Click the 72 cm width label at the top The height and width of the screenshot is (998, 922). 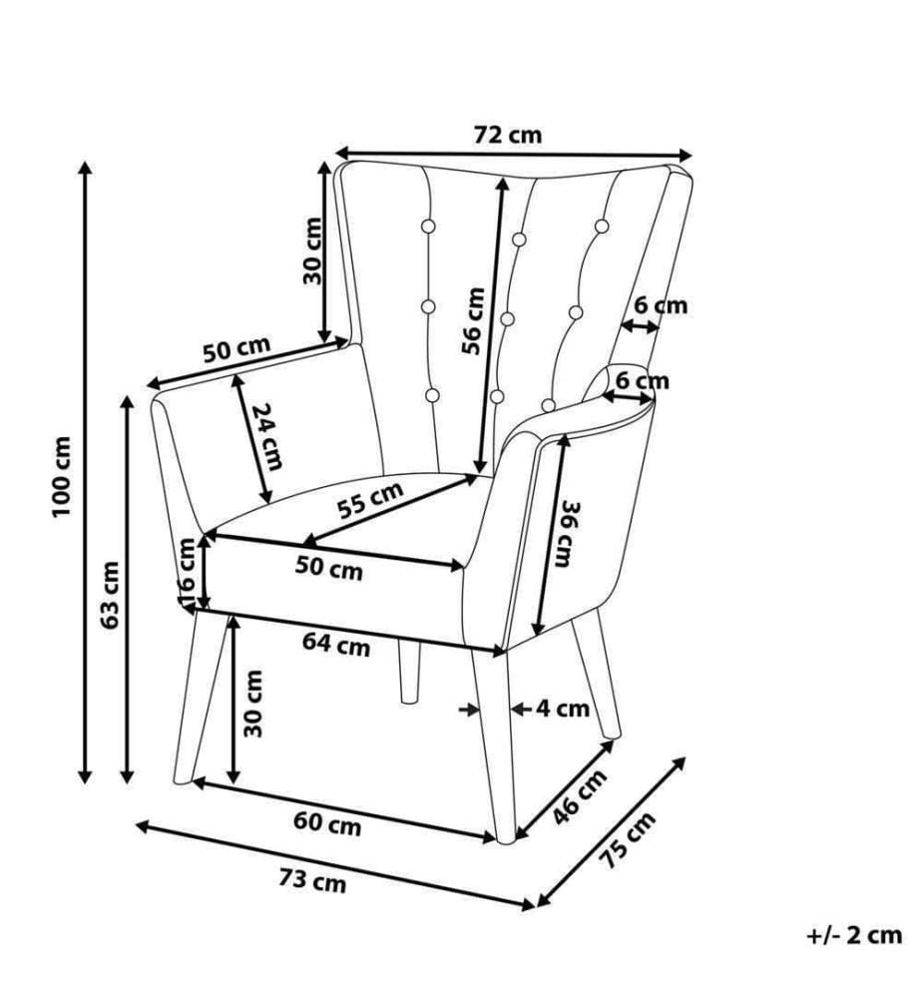pyautogui.click(x=508, y=135)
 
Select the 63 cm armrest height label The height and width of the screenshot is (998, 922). pyautogui.click(x=111, y=595)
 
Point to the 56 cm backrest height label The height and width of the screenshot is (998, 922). pyautogui.click(x=473, y=320)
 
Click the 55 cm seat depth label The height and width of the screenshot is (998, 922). pyautogui.click(x=370, y=500)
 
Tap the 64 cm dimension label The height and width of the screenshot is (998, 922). pyautogui.click(x=336, y=645)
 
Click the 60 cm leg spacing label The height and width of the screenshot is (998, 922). pyautogui.click(x=327, y=824)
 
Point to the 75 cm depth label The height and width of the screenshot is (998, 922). pyautogui.click(x=627, y=840)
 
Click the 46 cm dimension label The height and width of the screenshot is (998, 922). pyautogui.click(x=579, y=796)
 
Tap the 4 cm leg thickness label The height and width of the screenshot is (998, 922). pyautogui.click(x=563, y=708)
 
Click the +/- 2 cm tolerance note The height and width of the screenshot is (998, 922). pyautogui.click(x=854, y=935)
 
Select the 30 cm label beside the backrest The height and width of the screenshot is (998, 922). pyautogui.click(x=311, y=250)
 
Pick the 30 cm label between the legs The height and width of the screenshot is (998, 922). pyautogui.click(x=252, y=704)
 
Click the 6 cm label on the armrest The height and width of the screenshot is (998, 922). pyautogui.click(x=643, y=380)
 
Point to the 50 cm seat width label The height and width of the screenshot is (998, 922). pyautogui.click(x=328, y=568)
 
